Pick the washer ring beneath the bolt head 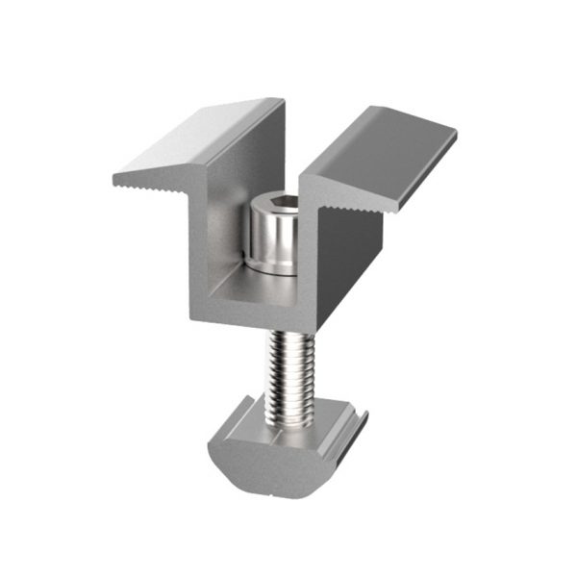[x=273, y=268]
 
